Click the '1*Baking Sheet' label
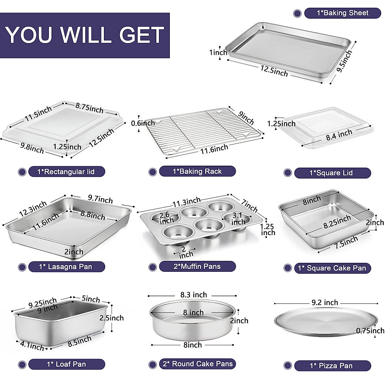[342, 13]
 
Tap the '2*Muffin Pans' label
[197, 266]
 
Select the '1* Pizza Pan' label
[331, 366]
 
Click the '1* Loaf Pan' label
[67, 364]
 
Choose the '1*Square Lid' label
[331, 173]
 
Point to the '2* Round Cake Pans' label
[198, 364]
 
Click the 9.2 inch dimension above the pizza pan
[325, 303]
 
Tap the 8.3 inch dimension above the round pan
[193, 295]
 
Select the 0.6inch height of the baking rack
[143, 123]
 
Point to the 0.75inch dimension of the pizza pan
[370, 331]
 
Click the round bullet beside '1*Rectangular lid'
[22, 172]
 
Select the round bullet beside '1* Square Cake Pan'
[288, 268]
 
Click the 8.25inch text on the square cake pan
[337, 222]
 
